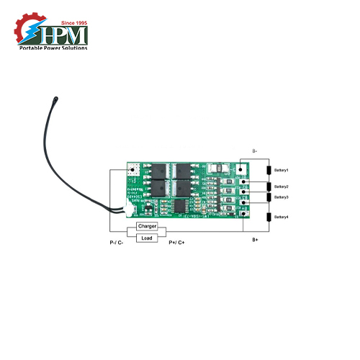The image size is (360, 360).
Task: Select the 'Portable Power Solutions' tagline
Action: point(53,48)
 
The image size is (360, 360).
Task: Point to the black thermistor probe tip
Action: point(55,95)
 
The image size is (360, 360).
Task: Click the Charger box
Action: point(147,226)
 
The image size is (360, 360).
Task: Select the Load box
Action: point(147,237)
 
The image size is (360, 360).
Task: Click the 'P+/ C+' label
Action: point(176,243)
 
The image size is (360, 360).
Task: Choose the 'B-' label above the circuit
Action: point(255,151)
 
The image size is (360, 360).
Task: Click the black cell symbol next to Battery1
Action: point(269,171)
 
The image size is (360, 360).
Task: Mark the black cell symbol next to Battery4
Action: point(269,217)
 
